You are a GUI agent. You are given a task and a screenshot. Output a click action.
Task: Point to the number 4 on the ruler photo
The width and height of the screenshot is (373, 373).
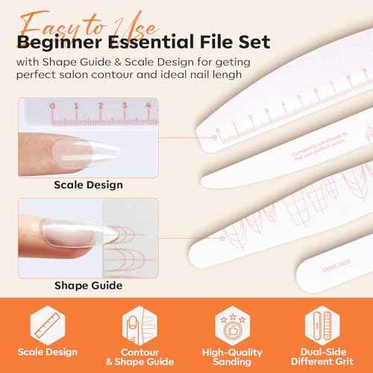(149, 106)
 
